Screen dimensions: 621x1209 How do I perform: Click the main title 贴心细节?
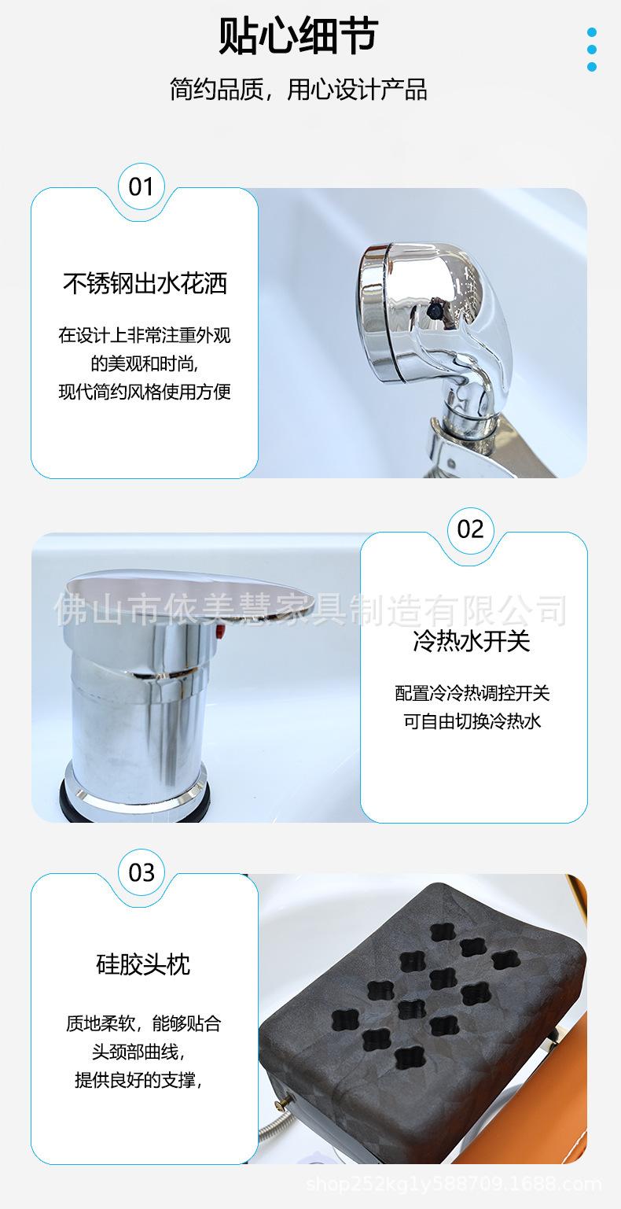[x=298, y=35]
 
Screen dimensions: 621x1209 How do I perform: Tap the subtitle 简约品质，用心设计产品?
[x=299, y=89]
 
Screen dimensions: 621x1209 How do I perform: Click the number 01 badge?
[x=141, y=186]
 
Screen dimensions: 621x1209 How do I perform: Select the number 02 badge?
[x=471, y=529]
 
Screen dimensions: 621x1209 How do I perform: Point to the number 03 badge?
[x=141, y=873]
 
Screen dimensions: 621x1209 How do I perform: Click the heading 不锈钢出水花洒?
[x=145, y=283]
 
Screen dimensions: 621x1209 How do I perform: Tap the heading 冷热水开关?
[x=472, y=641]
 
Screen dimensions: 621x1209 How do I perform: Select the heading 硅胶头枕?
[x=143, y=964]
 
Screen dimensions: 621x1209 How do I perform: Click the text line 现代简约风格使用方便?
[x=145, y=391]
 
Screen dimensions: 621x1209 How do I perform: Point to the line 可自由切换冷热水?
[x=472, y=721]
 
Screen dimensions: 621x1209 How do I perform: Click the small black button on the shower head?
[x=435, y=311]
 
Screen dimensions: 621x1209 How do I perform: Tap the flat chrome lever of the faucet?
[x=189, y=596]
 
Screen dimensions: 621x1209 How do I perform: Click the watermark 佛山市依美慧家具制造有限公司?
[x=310, y=610]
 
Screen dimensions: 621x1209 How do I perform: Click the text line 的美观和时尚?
[x=144, y=363]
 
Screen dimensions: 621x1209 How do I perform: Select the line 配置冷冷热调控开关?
[x=472, y=693]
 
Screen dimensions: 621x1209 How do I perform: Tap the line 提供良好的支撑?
[x=138, y=1080]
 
